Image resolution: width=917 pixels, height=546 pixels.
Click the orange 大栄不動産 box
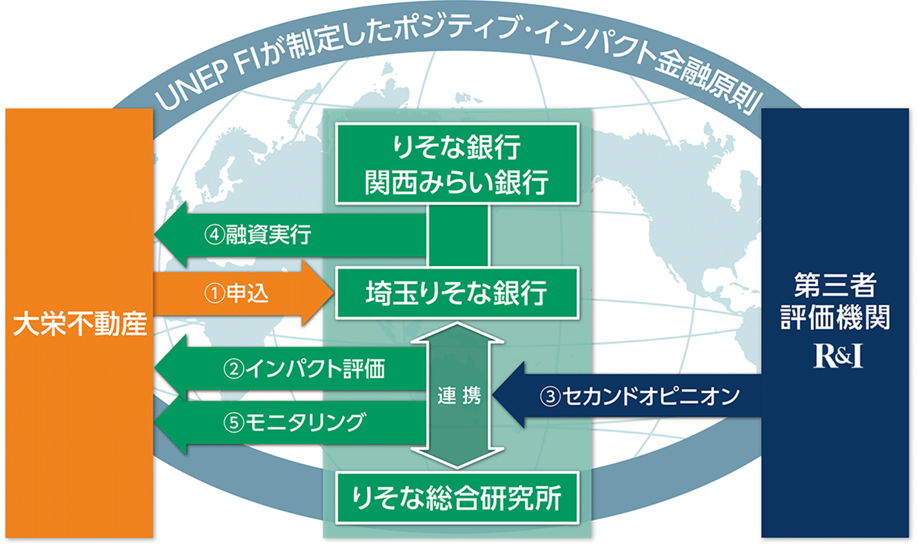tap(79, 323)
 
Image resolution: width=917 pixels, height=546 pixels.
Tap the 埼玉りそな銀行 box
tap(458, 290)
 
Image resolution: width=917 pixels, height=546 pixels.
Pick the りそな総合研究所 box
tap(458, 499)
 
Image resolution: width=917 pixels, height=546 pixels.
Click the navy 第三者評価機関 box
tap(834, 322)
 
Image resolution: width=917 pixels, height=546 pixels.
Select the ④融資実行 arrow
tap(288, 236)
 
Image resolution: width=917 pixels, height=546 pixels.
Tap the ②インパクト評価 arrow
tap(288, 371)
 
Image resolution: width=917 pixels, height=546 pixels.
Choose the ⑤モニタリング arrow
tap(288, 422)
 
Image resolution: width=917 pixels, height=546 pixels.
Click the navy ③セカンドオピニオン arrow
tap(629, 395)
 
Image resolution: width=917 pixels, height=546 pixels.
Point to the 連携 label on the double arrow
tap(458, 396)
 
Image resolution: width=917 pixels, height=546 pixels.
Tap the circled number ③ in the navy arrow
tap(550, 396)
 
